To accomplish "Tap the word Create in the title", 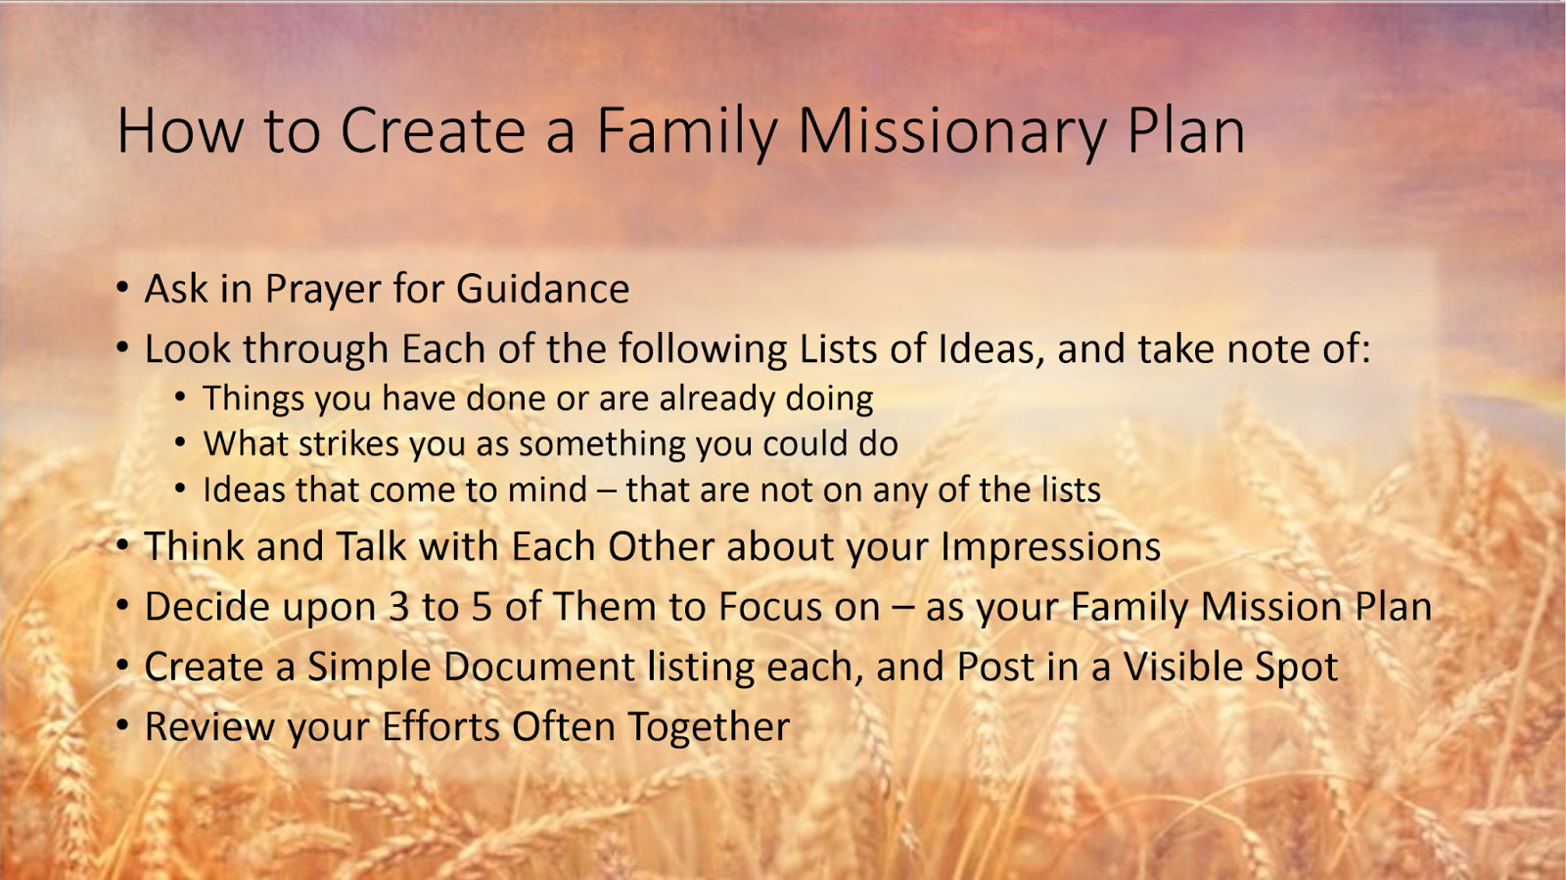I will click(433, 130).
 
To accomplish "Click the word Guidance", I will click(542, 290).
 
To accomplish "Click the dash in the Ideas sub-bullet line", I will click(606, 490).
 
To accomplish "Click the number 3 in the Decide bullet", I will click(398, 607).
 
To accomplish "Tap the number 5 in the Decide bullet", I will click(482, 607).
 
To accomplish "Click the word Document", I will click(538, 668).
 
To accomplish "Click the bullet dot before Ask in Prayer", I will click(122, 288).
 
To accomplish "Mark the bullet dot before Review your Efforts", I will click(122, 725).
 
